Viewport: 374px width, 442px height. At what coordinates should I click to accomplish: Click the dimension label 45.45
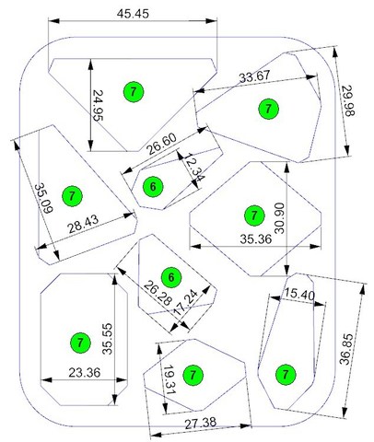coord(133,14)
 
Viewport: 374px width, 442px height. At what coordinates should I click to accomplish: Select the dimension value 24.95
coord(98,106)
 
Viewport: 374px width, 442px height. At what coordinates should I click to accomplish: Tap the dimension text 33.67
coord(255,76)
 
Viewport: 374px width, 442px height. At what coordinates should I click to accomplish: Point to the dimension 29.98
coord(348,100)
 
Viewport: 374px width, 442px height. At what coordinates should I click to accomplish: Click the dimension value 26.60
coord(161,145)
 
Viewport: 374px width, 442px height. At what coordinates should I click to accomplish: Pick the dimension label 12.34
coord(194,168)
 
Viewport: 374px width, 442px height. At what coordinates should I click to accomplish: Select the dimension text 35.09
coord(43,198)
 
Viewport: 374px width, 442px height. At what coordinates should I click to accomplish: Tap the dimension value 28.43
coord(84,224)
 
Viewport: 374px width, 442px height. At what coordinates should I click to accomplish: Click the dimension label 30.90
coord(279,218)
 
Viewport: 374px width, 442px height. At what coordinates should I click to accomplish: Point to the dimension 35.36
coord(256,239)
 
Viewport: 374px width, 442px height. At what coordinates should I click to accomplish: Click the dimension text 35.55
coord(108,339)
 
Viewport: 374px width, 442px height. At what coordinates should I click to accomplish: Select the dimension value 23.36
coord(85,373)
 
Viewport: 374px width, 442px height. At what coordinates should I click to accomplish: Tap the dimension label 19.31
coord(169,380)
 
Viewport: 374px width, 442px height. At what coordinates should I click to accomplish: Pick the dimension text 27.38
coord(201,424)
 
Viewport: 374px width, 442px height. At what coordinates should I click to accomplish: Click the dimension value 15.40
coord(298,294)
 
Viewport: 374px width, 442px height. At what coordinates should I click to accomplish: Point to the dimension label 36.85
coord(346,349)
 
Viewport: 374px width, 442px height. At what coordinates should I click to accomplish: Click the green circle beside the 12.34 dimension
coord(153,187)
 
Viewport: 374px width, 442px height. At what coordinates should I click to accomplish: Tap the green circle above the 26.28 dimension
coord(171,278)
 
